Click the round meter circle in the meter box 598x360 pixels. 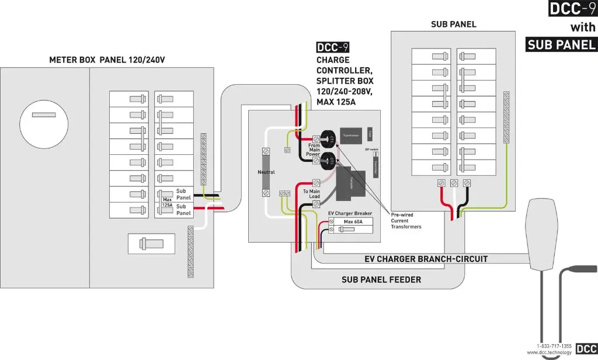click(44, 123)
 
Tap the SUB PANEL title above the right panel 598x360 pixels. click(453, 25)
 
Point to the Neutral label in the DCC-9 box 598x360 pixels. click(266, 172)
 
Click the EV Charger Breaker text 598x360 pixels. click(350, 213)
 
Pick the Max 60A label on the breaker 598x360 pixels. click(353, 222)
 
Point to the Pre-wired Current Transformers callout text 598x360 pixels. click(406, 220)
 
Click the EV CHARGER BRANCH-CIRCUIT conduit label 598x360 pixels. click(426, 258)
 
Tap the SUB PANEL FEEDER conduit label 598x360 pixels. click(381, 280)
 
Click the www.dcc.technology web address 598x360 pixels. click(548, 352)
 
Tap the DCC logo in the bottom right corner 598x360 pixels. click(586, 349)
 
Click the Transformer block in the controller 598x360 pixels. click(350, 135)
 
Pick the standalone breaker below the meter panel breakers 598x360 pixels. click(151, 243)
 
